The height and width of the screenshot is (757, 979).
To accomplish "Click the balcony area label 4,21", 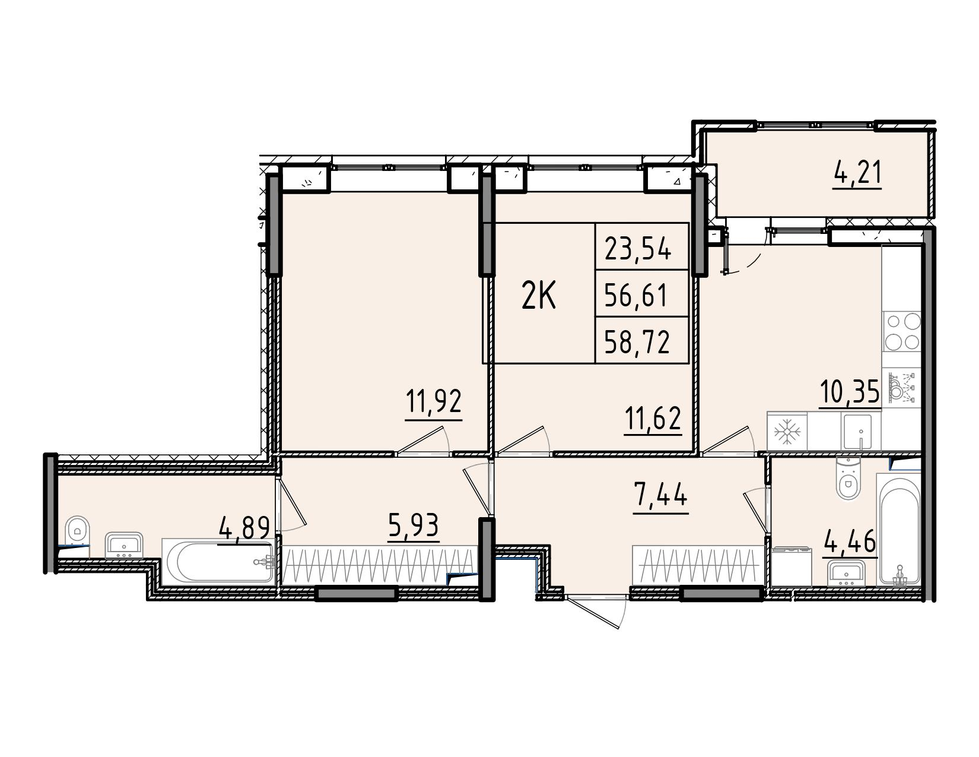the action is click(857, 173).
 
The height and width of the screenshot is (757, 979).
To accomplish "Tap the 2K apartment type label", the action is click(539, 295).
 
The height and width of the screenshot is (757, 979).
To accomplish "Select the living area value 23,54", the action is click(638, 248).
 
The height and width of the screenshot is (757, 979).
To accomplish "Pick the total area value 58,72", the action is click(637, 342).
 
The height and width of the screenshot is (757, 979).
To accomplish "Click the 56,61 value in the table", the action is click(635, 295).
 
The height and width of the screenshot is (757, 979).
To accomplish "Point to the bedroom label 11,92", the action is click(434, 401).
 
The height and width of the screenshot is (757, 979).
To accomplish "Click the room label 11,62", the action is click(652, 417).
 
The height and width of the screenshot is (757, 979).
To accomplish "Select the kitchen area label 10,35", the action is click(850, 391).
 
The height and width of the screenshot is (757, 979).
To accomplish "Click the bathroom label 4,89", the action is click(244, 528).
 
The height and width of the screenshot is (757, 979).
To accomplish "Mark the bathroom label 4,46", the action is click(850, 541).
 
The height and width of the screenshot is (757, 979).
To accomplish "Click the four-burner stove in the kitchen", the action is click(902, 331).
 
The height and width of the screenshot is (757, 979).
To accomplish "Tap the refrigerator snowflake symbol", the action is click(787, 432).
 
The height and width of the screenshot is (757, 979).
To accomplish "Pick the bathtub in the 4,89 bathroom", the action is click(218, 561).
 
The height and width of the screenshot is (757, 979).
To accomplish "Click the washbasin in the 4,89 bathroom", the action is click(124, 546).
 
